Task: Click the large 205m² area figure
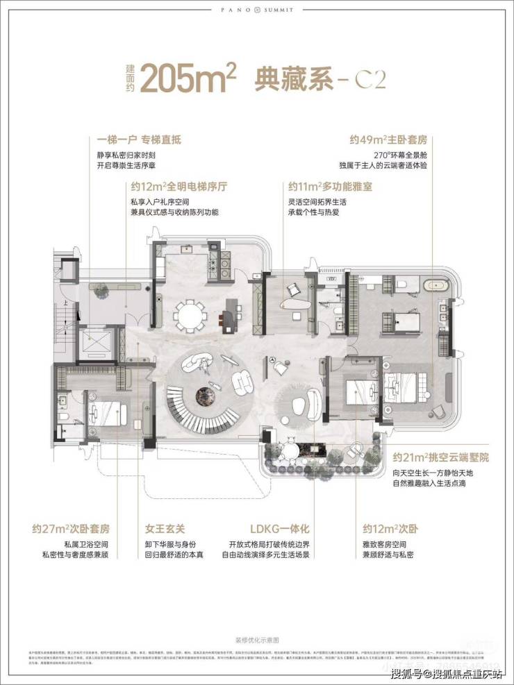point(189,78)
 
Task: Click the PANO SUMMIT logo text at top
point(256,10)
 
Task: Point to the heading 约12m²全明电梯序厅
point(179,187)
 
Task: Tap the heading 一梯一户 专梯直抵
point(139,139)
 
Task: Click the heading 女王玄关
point(163,527)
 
